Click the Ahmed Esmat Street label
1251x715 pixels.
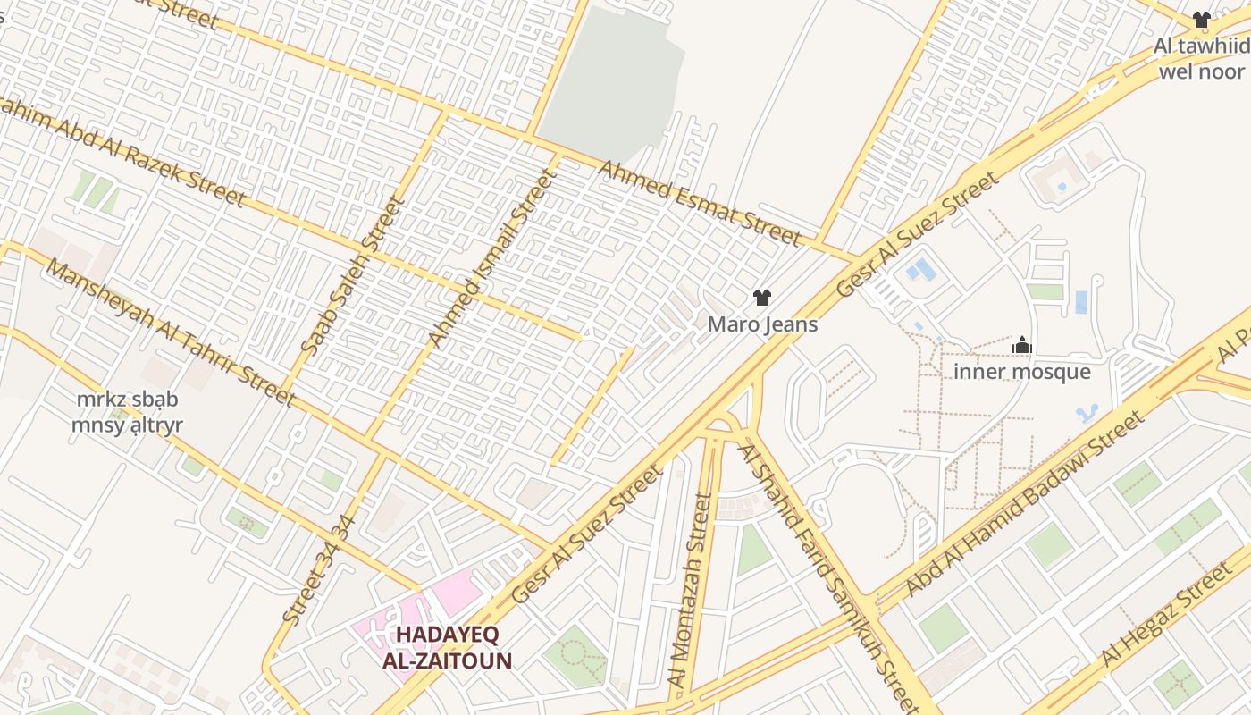click(x=699, y=203)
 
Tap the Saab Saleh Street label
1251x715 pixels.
click(x=354, y=276)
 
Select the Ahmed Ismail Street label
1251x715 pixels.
click(x=491, y=258)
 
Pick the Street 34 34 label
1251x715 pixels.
click(x=319, y=569)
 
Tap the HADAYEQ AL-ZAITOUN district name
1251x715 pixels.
click(x=447, y=648)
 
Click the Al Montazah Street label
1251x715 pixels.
click(x=691, y=591)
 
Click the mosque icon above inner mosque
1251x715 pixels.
click(x=1022, y=345)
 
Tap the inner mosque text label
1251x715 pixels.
click(x=1022, y=372)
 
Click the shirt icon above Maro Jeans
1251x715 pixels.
click(x=761, y=298)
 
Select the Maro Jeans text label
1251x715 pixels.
click(x=762, y=324)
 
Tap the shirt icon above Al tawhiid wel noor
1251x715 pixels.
click(x=1202, y=20)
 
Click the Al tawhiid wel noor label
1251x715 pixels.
click(x=1202, y=58)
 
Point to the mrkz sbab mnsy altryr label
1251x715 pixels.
click(x=127, y=412)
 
